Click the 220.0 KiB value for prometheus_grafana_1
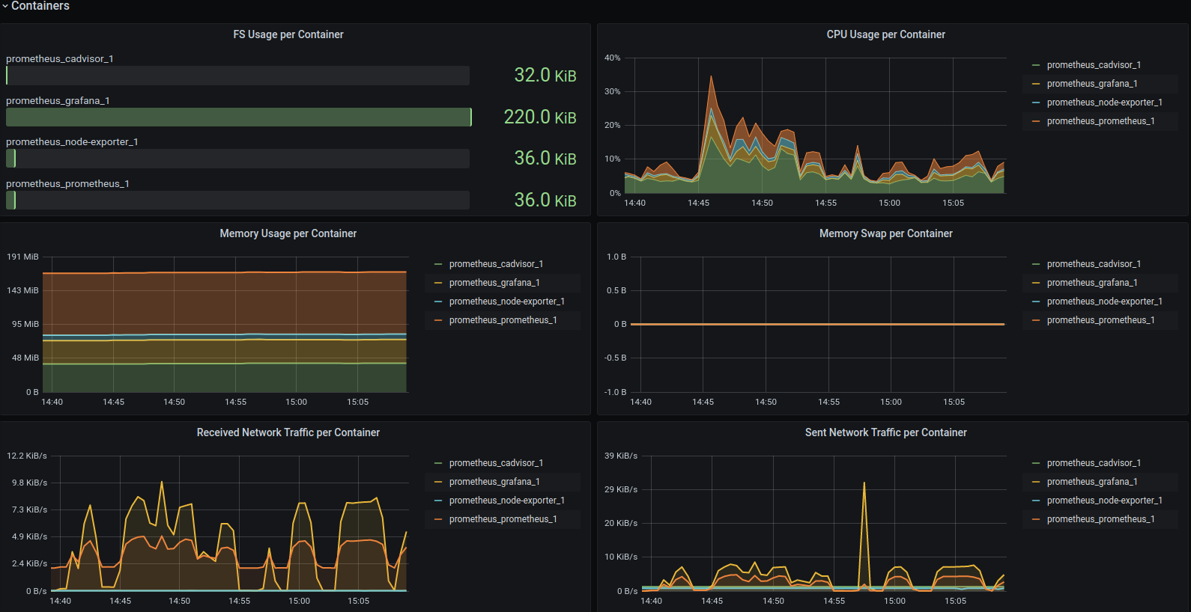tap(539, 117)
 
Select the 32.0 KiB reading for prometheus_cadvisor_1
tap(545, 76)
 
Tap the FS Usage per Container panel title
tap(288, 34)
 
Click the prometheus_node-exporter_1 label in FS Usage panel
tap(72, 142)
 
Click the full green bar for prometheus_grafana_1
tap(238, 117)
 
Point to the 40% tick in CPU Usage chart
tap(613, 58)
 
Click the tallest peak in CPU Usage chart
tap(711, 77)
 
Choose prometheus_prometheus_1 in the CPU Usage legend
tap(1100, 121)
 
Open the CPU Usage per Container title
tap(885, 34)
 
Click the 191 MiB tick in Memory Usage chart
tap(22, 257)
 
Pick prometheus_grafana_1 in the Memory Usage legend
tap(494, 283)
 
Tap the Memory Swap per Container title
tap(885, 233)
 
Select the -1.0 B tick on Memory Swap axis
tap(615, 392)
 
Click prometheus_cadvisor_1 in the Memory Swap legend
tap(1094, 264)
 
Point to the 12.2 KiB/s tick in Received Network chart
tap(27, 456)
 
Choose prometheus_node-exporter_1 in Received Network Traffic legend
tap(506, 501)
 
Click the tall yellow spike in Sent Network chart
tap(864, 484)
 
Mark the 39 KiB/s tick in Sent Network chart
tap(621, 456)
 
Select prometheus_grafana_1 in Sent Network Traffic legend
tap(1092, 482)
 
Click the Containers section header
tap(40, 6)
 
